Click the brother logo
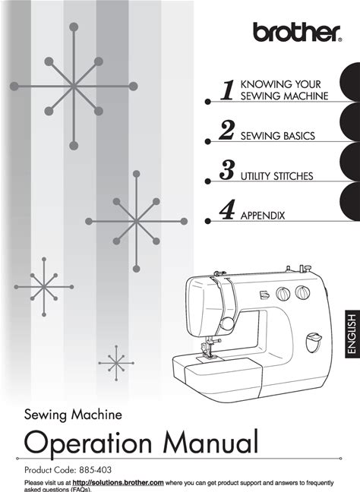297,32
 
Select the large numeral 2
226,130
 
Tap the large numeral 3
226,170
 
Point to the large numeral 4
227,210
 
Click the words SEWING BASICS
278,136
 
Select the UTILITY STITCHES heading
276,176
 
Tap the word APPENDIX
263,216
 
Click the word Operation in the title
88,443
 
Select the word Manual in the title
211,441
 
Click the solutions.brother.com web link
118,483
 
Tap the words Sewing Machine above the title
73,415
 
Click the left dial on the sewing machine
283,294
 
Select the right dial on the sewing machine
302,292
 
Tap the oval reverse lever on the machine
313,342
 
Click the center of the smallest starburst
116,363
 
